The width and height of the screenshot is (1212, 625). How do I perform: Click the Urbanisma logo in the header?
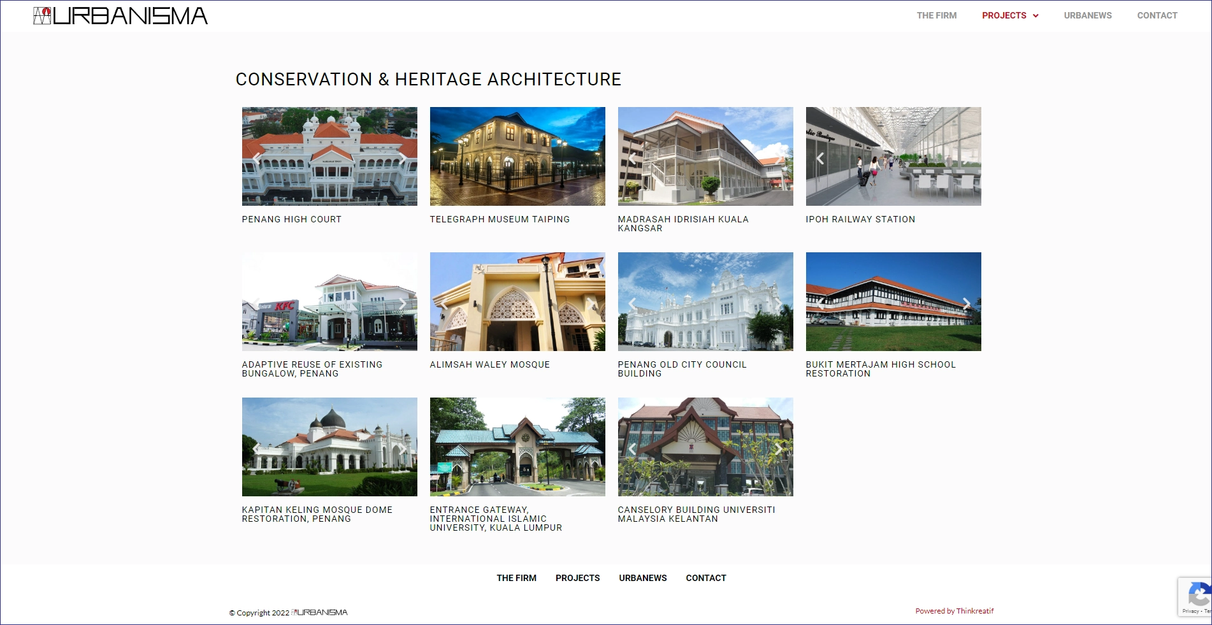click(x=120, y=16)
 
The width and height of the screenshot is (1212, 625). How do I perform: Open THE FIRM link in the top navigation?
click(x=937, y=15)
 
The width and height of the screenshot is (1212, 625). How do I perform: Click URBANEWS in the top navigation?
click(x=1088, y=15)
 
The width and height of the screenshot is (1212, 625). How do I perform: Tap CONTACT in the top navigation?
click(x=1157, y=15)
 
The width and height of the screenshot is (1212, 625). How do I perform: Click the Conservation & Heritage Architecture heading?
click(x=428, y=79)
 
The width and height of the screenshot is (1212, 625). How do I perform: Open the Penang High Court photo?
click(x=329, y=156)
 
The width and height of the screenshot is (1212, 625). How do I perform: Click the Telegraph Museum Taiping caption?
click(x=500, y=219)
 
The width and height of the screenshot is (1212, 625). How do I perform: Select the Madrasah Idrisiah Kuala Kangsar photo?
click(x=705, y=156)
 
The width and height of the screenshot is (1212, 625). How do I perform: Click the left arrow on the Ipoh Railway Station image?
click(x=820, y=158)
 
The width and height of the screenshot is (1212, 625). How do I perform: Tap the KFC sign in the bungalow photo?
click(x=285, y=306)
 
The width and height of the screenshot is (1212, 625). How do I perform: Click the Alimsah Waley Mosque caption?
click(x=489, y=364)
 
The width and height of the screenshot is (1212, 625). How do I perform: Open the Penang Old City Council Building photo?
click(x=705, y=301)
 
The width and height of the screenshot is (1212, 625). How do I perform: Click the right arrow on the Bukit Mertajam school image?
click(x=967, y=303)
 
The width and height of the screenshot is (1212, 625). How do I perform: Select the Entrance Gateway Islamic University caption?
click(x=496, y=519)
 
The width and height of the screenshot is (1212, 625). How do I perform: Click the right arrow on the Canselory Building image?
click(x=779, y=449)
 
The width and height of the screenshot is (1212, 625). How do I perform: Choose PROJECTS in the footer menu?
click(x=577, y=578)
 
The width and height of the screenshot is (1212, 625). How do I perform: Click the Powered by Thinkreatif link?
click(x=955, y=611)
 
